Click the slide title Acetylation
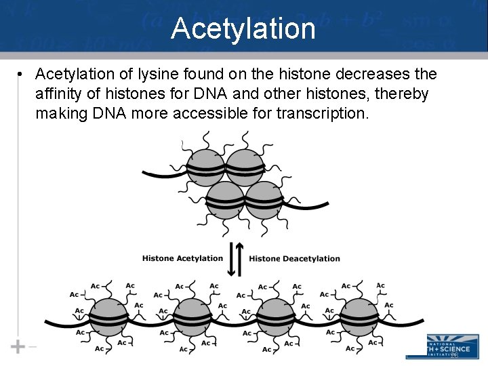pyautogui.click(x=243, y=29)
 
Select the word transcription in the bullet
pyautogui.click(x=323, y=113)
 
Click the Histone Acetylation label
pyautogui.click(x=182, y=258)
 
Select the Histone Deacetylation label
pyautogui.click(x=294, y=258)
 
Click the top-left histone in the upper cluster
pyautogui.click(x=205, y=167)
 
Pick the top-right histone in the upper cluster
pyautogui.click(x=244, y=167)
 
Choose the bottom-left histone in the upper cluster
pyautogui.click(x=224, y=199)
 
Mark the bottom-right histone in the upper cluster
pyautogui.click(x=264, y=199)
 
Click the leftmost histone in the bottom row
pyautogui.click(x=109, y=317)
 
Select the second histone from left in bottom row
pyautogui.click(x=192, y=317)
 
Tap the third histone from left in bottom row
pyautogui.click(x=276, y=317)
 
